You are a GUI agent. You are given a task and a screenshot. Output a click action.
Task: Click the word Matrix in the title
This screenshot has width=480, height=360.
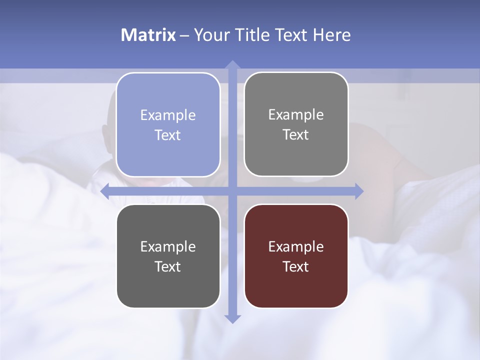coord(148,35)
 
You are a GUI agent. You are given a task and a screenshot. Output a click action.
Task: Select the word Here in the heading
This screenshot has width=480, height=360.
coord(331,35)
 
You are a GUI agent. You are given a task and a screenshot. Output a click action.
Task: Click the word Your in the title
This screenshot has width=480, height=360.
coord(211,35)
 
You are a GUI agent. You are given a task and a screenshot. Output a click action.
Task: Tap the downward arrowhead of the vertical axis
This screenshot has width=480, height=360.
coord(232,318)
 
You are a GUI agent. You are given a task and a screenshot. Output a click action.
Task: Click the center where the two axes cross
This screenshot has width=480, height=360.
coord(232,191)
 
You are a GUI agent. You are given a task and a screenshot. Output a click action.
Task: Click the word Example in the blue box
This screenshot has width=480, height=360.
coord(168,115)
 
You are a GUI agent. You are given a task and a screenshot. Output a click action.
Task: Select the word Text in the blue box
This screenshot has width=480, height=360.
coord(168,135)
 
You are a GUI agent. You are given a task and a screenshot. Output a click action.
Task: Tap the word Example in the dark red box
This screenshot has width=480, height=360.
coord(296,246)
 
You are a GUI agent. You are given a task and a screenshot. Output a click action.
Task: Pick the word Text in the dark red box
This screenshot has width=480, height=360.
coord(296,266)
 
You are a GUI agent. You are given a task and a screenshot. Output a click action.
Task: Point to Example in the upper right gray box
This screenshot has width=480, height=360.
coord(296,115)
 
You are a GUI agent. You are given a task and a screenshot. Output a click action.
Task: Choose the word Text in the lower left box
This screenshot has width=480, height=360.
coord(168,266)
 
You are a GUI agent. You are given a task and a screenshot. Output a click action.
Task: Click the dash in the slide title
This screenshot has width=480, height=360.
coord(184,35)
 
